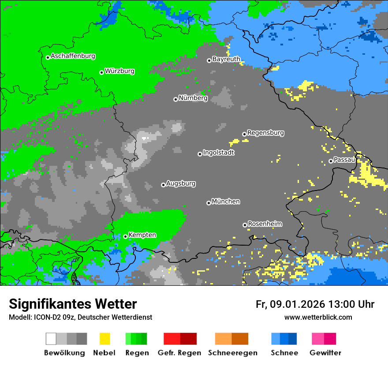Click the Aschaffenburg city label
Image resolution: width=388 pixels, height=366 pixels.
click(73, 56)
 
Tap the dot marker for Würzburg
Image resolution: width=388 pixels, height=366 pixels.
click(101, 72)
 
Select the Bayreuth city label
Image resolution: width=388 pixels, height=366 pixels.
click(226, 59)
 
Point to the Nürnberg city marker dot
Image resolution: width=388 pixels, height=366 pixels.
click(175, 99)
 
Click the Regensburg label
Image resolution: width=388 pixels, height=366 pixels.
click(265, 133)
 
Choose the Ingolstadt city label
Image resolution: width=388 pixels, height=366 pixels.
click(218, 153)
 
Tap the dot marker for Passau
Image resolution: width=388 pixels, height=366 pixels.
click(331, 161)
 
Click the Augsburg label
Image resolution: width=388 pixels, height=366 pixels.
click(181, 183)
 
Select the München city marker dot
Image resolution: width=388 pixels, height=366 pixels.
click(209, 203)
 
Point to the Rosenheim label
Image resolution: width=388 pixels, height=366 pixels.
click(265, 224)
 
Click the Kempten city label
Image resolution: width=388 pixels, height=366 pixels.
click(142, 235)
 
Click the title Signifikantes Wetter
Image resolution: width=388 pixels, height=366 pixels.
click(73, 304)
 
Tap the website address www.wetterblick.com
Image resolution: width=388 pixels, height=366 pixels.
click(318, 317)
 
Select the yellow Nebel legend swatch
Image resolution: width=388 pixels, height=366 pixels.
click(104, 339)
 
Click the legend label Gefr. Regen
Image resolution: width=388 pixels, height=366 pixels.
click(179, 353)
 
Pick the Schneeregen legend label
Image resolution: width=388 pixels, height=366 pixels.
click(232, 353)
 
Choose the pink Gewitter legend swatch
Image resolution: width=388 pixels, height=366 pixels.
click(317, 339)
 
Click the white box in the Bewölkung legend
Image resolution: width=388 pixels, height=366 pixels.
click(51, 339)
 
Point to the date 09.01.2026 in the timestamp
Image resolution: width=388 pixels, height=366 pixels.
click(297, 304)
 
